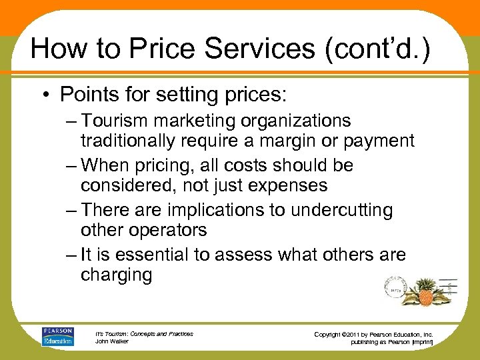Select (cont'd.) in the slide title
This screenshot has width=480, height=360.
[376, 49]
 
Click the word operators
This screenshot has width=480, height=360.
[169, 231]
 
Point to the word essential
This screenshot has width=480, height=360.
[172, 255]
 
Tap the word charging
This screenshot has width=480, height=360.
[117, 275]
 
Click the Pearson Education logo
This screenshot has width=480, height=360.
[58, 337]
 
